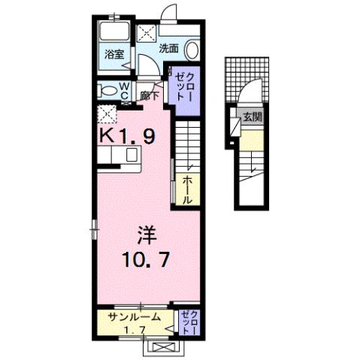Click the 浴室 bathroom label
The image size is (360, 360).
[115, 55]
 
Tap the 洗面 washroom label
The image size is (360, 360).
[168, 48]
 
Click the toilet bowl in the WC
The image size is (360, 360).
[106, 92]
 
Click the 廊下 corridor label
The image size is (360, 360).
[150, 95]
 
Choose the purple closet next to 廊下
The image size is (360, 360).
[183, 87]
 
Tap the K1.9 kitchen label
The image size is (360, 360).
[129, 137]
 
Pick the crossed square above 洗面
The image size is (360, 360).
[145, 32]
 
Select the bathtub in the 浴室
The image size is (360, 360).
[116, 33]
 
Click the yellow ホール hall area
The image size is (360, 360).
[187, 189]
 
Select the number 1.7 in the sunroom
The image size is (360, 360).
[133, 330]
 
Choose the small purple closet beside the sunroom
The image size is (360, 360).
[188, 322]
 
